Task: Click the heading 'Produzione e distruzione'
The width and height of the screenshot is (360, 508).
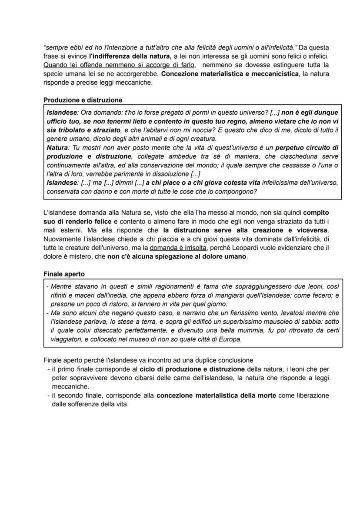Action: pyautogui.click(x=83, y=100)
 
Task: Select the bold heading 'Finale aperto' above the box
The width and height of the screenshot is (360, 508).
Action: pyautogui.click(x=64, y=274)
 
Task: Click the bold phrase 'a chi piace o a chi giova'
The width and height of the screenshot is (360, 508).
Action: pyautogui.click(x=183, y=183)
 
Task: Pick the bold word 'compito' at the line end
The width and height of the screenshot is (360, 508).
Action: pyautogui.click(x=316, y=212)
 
